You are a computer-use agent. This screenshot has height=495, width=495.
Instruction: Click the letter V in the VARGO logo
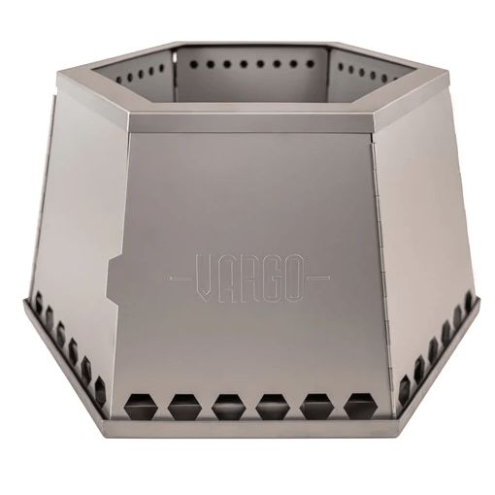pos(205,276)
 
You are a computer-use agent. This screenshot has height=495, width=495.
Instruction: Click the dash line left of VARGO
pos(180,276)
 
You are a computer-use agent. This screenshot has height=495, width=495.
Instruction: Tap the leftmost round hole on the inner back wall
pos(178,65)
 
